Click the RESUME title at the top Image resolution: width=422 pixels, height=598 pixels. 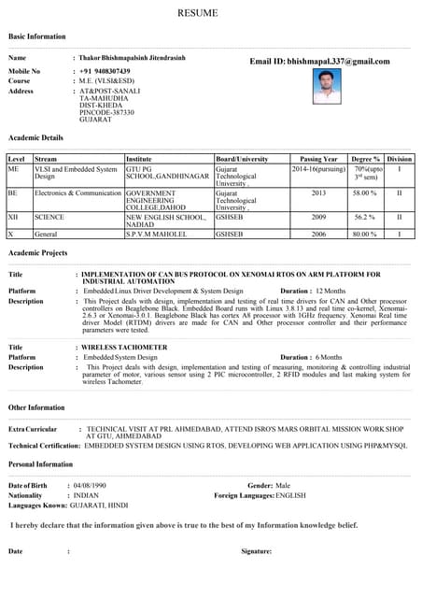[211, 13]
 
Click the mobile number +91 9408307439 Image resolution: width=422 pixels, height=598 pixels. [105, 71]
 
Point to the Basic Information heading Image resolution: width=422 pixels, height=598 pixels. [37, 36]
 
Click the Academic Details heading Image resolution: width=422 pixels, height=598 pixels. [35, 137]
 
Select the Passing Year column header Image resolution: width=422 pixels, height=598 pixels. [318, 160]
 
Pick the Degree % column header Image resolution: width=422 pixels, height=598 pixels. [365, 160]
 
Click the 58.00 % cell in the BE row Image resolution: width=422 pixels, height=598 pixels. [365, 193]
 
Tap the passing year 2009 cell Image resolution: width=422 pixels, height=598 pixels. [318, 217]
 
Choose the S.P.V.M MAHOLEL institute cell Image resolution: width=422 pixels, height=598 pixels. [161, 235]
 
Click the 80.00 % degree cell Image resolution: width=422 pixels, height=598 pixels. [365, 235]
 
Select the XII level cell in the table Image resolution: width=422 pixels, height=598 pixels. [13, 217]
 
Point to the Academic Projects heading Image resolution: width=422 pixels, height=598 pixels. [37, 253]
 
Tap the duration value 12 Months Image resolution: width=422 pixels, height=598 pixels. [331, 292]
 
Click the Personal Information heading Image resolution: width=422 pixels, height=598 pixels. [40, 463]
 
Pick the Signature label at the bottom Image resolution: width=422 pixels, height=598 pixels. [256, 551]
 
